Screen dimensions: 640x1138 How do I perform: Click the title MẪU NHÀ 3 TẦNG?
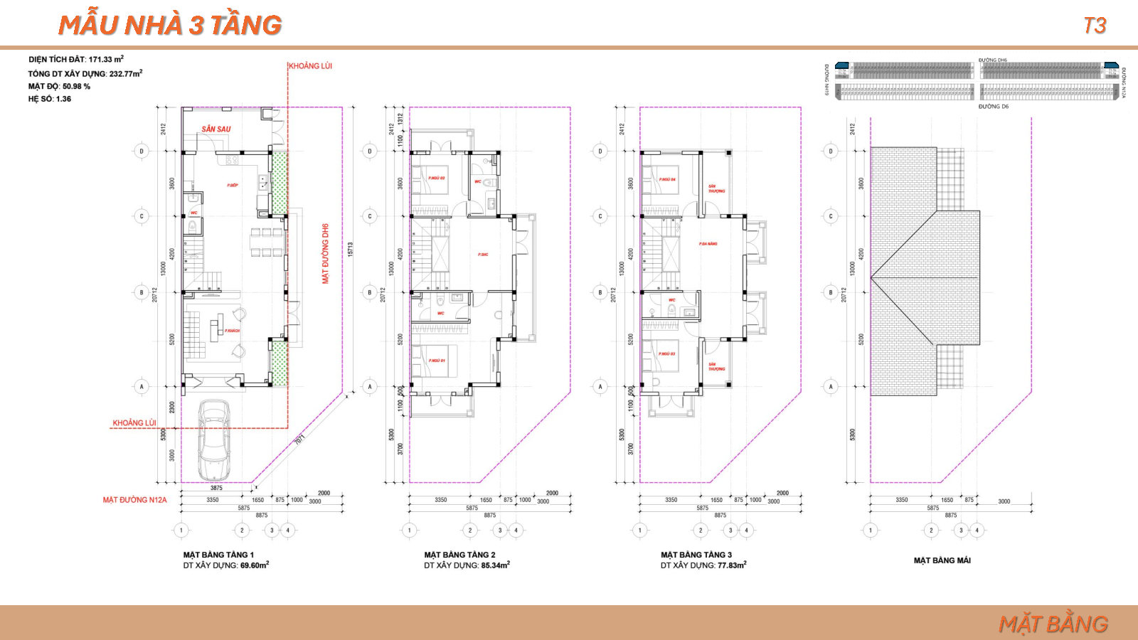[x=170, y=26]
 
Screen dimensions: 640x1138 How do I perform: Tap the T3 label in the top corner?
[x=1095, y=26]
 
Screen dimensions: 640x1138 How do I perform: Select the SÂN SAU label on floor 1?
[x=216, y=129]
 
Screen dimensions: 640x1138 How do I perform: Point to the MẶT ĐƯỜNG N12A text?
[x=134, y=500]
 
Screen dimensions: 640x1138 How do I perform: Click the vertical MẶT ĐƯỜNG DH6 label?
[x=326, y=254]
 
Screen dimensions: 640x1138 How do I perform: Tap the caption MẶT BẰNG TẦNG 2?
[x=459, y=555]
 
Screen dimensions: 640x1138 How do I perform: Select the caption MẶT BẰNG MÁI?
[x=942, y=560]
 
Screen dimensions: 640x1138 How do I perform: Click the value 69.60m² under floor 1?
[x=254, y=565]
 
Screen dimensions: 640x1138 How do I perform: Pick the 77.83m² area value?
[x=731, y=565]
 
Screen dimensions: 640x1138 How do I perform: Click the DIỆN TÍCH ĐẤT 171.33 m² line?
[x=76, y=60]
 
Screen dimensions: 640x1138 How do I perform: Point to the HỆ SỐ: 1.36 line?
[x=50, y=99]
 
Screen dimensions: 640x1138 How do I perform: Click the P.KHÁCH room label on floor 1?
[x=232, y=331]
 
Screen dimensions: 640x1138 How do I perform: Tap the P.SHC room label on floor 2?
[x=483, y=255]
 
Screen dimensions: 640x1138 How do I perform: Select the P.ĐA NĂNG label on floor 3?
[x=708, y=244]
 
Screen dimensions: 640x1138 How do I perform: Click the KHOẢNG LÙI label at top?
[x=310, y=66]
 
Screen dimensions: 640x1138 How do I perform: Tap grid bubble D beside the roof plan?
[x=830, y=151]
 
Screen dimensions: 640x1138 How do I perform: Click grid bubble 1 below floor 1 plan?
[x=181, y=530]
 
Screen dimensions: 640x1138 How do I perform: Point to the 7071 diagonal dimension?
[x=299, y=439]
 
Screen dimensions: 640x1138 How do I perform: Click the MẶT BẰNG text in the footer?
[x=1053, y=624]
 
